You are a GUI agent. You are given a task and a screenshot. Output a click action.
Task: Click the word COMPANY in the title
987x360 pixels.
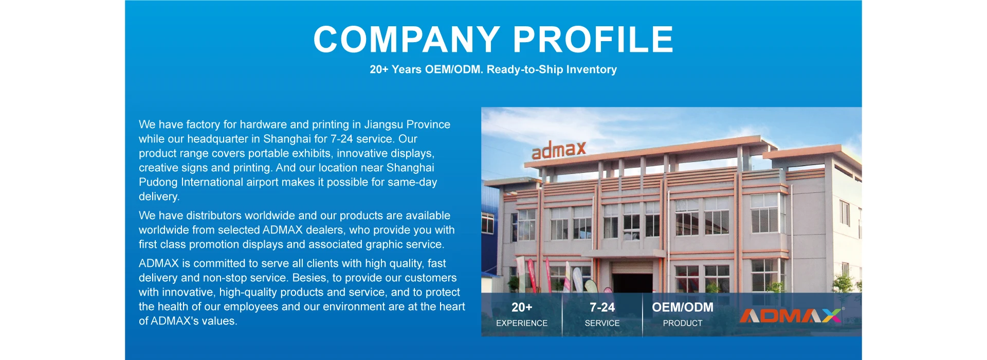tap(407, 40)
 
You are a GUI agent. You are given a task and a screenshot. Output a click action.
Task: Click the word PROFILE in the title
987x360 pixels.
tap(593, 40)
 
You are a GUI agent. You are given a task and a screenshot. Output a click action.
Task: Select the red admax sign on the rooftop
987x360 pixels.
tap(559, 150)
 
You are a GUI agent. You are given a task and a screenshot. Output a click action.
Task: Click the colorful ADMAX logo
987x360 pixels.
tap(791, 316)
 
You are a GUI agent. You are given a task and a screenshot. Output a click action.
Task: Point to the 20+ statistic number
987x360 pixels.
tap(522, 308)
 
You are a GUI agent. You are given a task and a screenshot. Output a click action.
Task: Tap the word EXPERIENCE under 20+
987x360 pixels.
tap(522, 323)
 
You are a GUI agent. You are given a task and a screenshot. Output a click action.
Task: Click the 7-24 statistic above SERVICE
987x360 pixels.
tap(602, 308)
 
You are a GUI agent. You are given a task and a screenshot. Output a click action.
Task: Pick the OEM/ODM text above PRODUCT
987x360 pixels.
tap(683, 308)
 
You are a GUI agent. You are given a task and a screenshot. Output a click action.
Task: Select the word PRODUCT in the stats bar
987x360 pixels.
tap(683, 323)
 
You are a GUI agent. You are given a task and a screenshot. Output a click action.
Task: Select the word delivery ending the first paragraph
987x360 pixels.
tap(159, 197)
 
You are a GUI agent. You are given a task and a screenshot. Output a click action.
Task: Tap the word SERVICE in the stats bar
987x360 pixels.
tap(602, 323)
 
